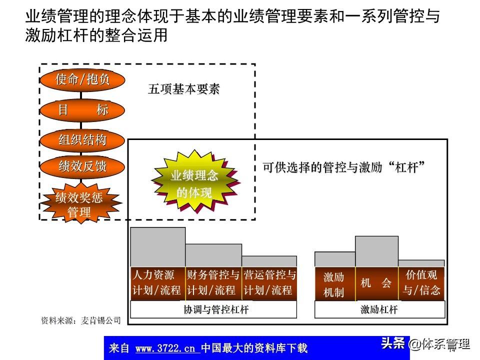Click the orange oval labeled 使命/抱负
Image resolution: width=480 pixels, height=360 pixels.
click(82, 79)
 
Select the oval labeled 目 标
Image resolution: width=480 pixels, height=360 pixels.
click(82, 109)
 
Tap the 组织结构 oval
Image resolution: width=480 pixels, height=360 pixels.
click(82, 139)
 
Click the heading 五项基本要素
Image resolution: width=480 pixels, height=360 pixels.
click(184, 89)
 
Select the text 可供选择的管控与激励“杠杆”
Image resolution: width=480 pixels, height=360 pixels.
click(343, 167)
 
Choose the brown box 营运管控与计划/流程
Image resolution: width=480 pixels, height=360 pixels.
click(269, 282)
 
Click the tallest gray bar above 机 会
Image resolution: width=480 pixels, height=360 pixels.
click(376, 251)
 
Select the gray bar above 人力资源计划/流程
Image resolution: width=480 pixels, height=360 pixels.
click(157, 246)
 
